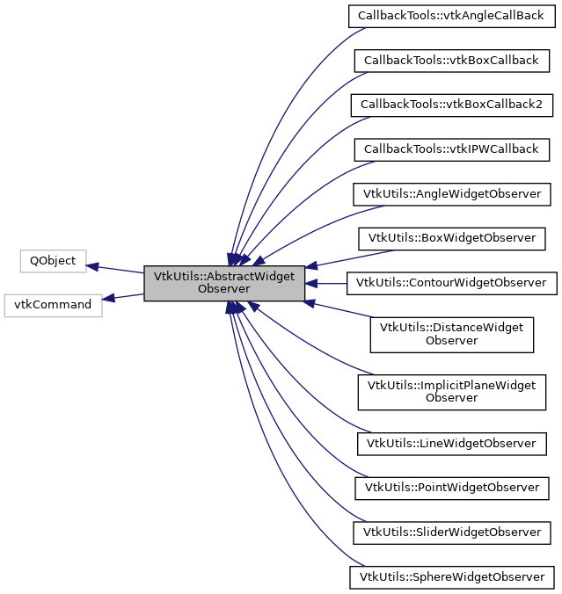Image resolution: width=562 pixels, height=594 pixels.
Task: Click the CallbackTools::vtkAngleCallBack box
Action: point(451,16)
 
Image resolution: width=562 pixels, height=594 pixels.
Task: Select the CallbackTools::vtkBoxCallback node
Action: point(451,61)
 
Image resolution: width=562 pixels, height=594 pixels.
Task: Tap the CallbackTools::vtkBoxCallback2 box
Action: point(451,105)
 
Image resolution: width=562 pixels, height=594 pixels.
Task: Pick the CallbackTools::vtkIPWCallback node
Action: point(451,149)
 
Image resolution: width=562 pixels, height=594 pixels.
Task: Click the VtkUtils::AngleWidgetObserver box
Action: point(451,193)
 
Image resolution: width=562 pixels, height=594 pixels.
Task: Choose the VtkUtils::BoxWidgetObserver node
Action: point(451,238)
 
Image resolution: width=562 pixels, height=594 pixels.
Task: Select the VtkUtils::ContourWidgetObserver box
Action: point(451,283)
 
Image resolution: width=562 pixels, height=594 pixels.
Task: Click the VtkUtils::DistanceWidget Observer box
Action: point(451,334)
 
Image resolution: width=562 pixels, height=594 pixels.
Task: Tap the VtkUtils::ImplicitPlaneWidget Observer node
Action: point(451,391)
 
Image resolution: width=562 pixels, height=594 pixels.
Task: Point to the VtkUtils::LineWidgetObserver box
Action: point(451,443)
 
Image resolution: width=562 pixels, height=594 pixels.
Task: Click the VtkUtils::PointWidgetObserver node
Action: point(451,487)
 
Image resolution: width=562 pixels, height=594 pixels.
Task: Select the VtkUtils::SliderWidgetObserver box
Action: point(451,532)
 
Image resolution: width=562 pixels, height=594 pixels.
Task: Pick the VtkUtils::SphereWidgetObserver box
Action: point(451,576)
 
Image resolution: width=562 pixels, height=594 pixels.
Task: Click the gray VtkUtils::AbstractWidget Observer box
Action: point(224,283)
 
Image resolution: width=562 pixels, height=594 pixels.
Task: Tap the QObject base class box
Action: point(53,261)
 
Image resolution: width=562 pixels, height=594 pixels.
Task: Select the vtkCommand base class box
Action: point(53,305)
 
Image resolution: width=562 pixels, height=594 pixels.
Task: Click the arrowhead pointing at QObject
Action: point(93,265)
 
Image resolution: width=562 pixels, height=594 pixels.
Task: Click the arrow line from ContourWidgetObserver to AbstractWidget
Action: point(330,283)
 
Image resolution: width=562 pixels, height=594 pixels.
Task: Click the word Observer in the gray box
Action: point(224,289)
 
